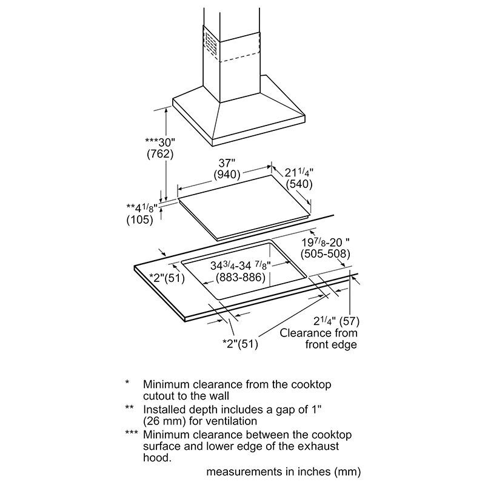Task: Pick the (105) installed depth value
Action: tap(139, 220)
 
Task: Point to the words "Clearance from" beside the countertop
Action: tap(319, 333)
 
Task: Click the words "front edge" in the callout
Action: tap(330, 345)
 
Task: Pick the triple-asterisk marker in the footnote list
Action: tap(131, 435)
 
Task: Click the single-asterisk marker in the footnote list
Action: tap(127, 383)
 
